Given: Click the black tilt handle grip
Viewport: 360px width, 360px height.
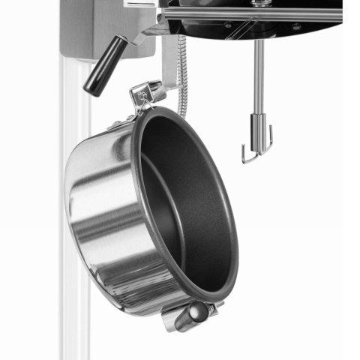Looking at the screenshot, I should [x=105, y=65].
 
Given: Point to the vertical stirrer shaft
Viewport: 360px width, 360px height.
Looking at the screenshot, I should [x=259, y=75].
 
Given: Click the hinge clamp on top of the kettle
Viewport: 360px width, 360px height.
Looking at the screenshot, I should [x=147, y=94].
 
